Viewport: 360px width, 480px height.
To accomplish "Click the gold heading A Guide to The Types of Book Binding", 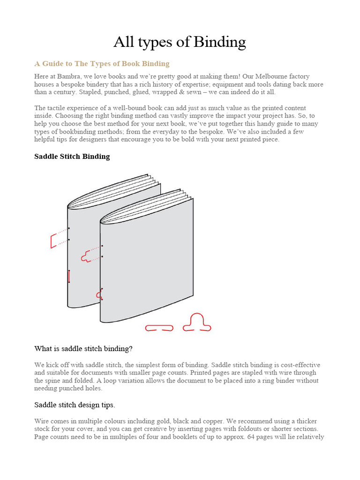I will [102, 63].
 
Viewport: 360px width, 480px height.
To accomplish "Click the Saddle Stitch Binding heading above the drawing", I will [72, 156].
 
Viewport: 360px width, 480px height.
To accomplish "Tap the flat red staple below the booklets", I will [159, 328].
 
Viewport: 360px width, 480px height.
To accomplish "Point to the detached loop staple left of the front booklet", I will [87, 255].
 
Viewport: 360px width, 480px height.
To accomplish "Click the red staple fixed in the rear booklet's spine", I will [69, 276].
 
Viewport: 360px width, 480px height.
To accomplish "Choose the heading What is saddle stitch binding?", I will [83, 349].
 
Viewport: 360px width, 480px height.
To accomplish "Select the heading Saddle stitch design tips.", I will [75, 404].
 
